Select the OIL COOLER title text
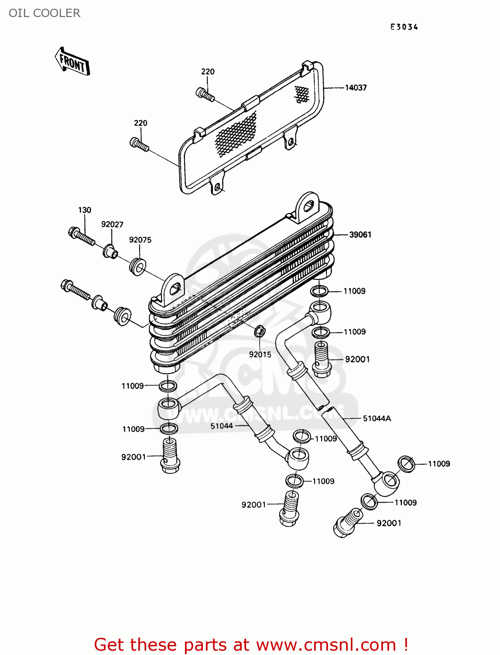(x=45, y=13)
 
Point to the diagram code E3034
(x=404, y=27)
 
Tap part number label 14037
(x=356, y=88)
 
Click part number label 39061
(x=360, y=235)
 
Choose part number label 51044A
(x=377, y=418)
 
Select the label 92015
(x=260, y=355)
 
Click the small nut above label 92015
(x=260, y=331)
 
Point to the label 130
(x=85, y=210)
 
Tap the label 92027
(x=112, y=224)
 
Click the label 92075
(x=140, y=240)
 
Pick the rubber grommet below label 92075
(x=138, y=266)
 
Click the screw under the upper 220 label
(x=205, y=94)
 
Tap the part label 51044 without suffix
(x=222, y=426)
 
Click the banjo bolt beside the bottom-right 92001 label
(x=347, y=524)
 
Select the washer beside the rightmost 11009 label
(x=407, y=464)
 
